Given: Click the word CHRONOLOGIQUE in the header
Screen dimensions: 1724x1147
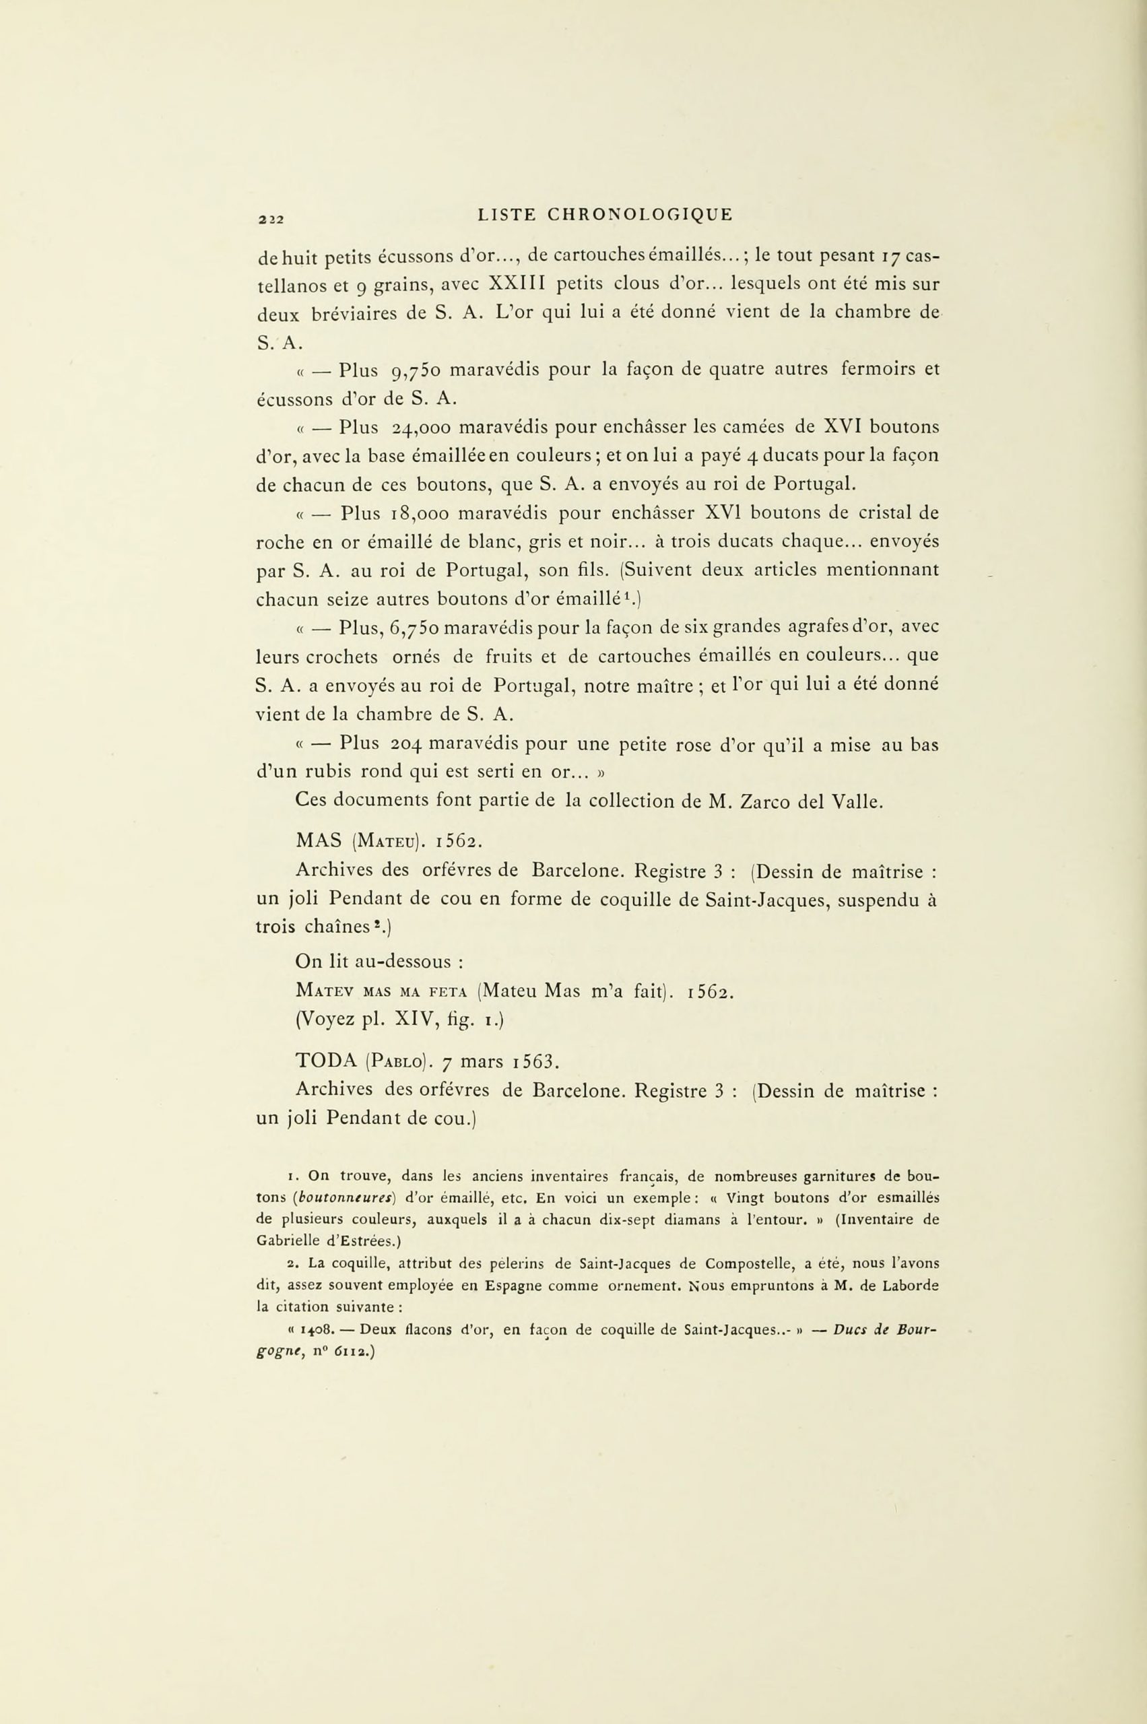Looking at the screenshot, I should tap(640, 214).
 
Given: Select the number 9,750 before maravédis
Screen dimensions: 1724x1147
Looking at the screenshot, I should tap(414, 371).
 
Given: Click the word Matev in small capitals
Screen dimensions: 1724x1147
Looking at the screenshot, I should tap(325, 992).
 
